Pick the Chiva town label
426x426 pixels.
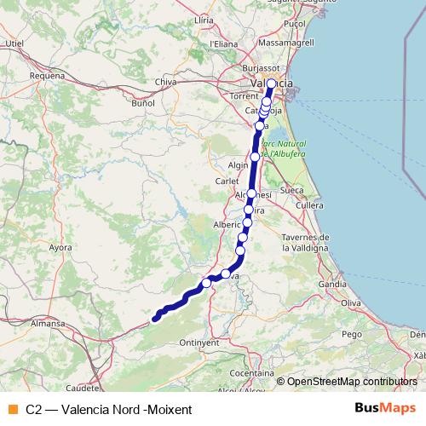pos(165,82)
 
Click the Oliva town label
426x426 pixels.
pos(352,302)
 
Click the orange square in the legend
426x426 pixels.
pos(11,409)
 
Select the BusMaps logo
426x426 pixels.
pos(381,408)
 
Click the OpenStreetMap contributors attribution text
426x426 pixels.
pos(351,382)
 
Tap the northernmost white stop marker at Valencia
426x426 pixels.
pos(272,83)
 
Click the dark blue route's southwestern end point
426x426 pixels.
pos(155,320)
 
